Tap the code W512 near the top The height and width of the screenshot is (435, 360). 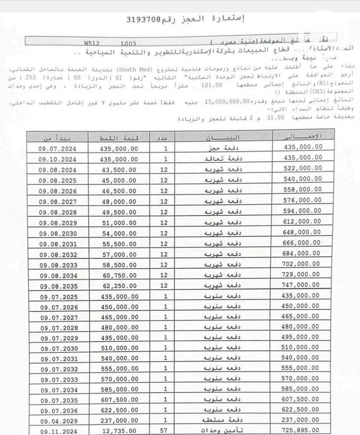coord(91,44)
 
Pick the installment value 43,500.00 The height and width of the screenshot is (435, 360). coord(119,170)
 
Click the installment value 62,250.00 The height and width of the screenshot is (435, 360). coord(119,285)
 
